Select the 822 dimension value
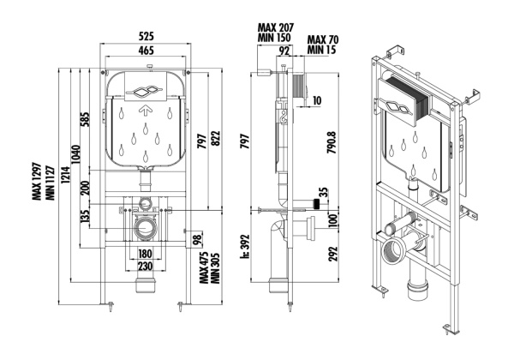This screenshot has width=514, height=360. click(x=215, y=136)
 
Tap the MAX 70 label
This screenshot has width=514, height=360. click(x=321, y=39)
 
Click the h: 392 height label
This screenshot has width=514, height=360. click(x=245, y=248)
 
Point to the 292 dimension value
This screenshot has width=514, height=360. click(x=331, y=254)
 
